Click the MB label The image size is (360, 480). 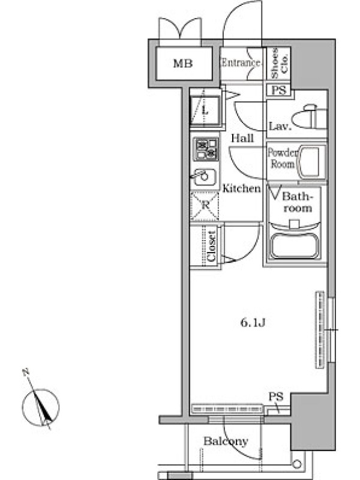(183, 64)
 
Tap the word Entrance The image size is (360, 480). (241, 63)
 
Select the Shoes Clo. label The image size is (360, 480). (279, 63)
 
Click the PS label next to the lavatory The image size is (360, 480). (279, 90)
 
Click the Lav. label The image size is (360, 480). (280, 126)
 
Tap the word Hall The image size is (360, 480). (242, 139)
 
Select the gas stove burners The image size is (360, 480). (206, 149)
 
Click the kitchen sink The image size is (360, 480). (203, 176)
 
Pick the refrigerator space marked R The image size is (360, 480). (205, 206)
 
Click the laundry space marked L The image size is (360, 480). (205, 110)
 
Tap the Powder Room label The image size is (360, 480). (282, 158)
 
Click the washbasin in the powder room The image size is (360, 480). (311, 162)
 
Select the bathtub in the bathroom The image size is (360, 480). (294, 247)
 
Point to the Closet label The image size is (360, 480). (212, 246)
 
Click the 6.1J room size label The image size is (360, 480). (253, 323)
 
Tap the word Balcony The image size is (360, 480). (226, 441)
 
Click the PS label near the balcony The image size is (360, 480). (276, 397)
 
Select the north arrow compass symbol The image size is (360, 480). (40, 403)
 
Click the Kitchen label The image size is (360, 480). (242, 188)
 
